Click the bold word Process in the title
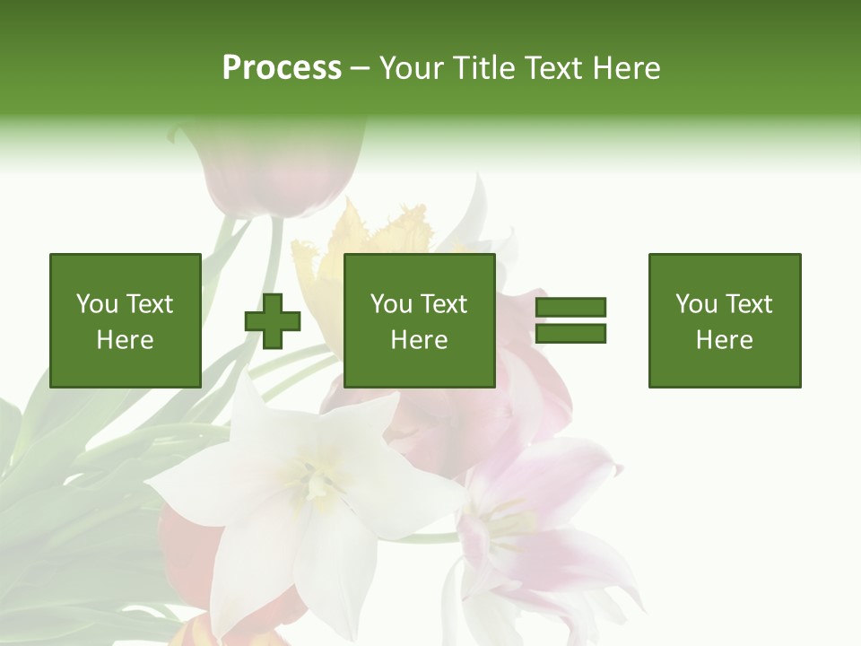(282, 68)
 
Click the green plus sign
(273, 321)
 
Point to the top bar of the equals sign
(570, 308)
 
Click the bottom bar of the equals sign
(570, 334)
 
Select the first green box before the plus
(125, 320)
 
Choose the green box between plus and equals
(419, 320)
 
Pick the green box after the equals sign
(724, 320)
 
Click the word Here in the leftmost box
(125, 340)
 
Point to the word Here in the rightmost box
(724, 340)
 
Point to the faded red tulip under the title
(269, 170)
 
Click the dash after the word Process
(360, 69)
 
